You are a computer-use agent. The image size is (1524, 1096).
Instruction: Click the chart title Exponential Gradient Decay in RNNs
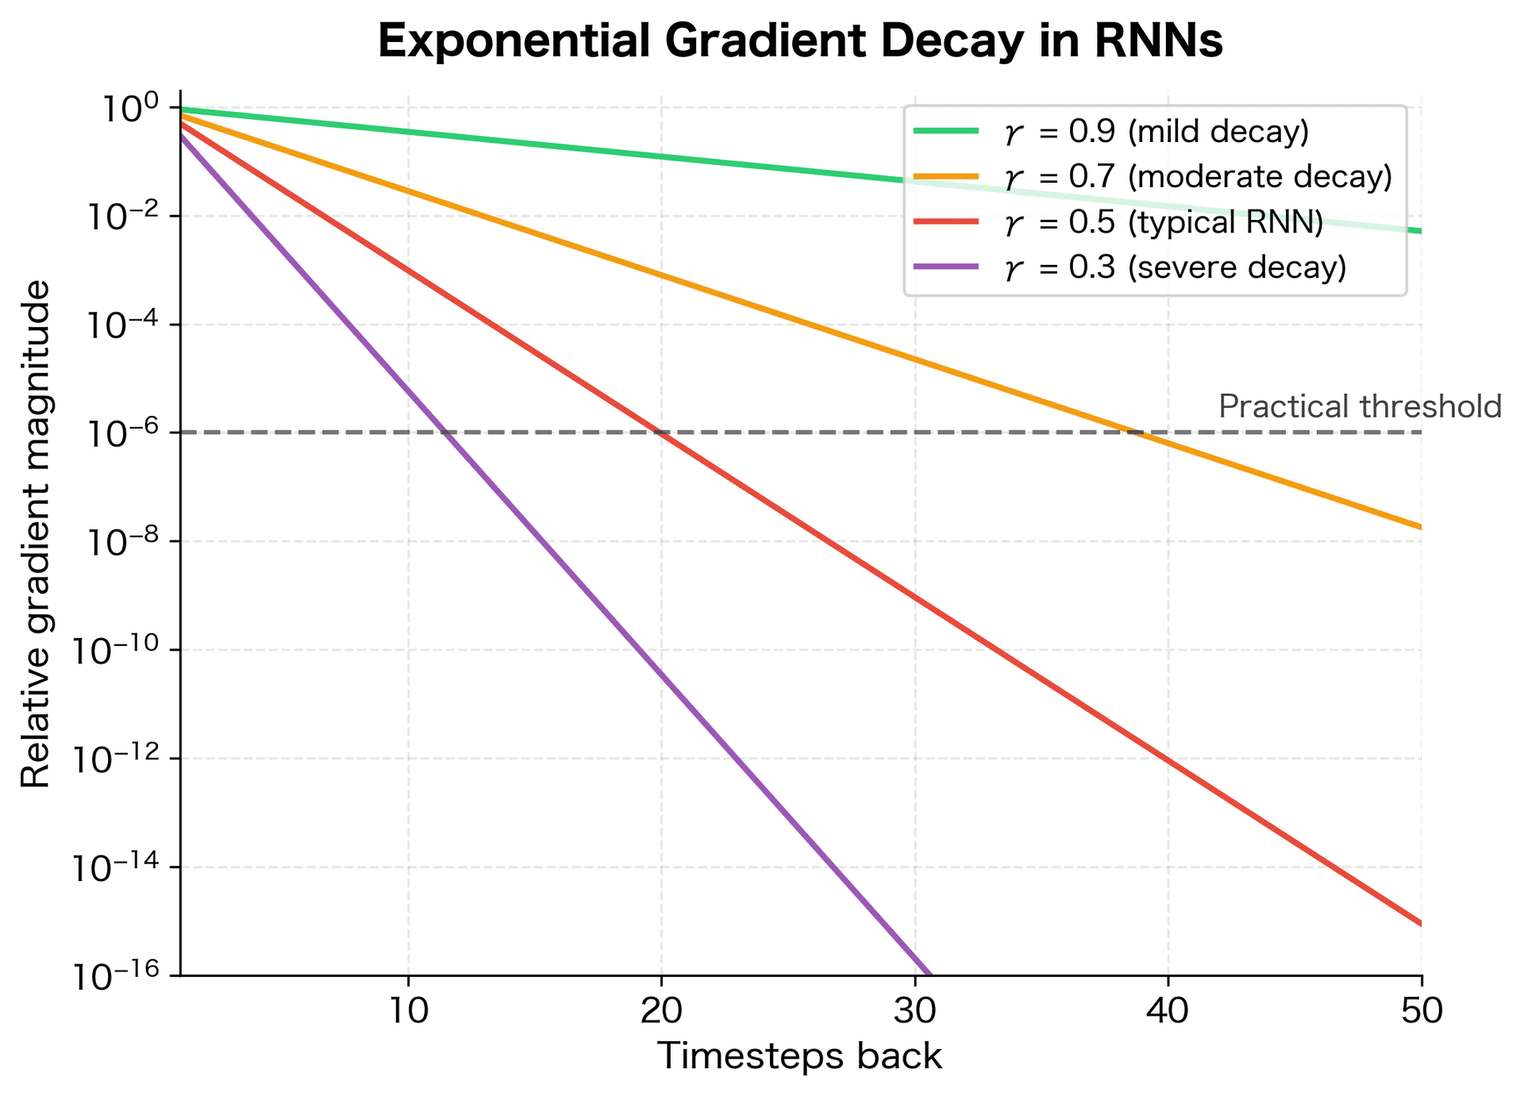(799, 42)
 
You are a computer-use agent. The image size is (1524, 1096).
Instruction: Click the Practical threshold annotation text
(1360, 406)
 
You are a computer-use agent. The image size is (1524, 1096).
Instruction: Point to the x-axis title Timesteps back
(799, 1057)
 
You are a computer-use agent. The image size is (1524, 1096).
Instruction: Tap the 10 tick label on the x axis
(408, 1010)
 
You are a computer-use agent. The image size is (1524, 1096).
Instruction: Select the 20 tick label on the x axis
(661, 1010)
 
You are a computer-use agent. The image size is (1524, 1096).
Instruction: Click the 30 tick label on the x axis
(914, 1010)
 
